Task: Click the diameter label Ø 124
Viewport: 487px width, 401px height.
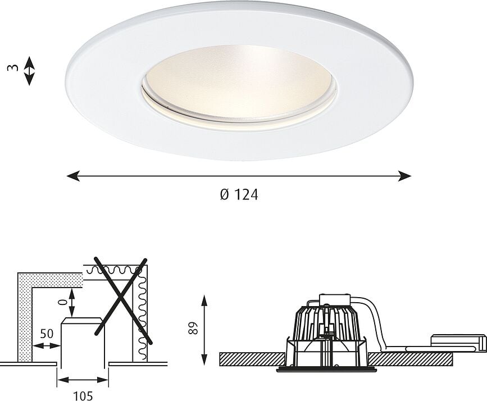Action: point(239,195)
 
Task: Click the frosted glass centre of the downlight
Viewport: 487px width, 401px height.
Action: point(240,81)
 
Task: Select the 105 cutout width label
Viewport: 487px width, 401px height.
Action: point(82,395)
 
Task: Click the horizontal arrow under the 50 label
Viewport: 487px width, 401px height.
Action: point(46,345)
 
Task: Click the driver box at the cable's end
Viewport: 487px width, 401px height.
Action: point(458,343)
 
